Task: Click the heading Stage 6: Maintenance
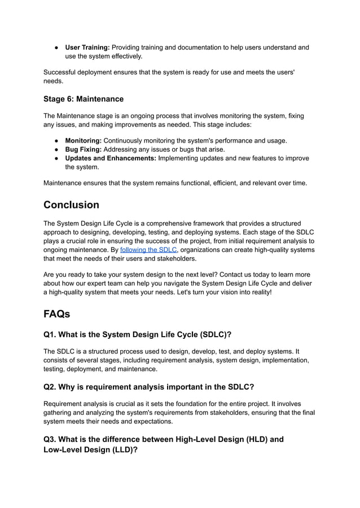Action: [x=84, y=99]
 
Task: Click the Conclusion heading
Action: [x=71, y=205]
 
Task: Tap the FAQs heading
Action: [x=57, y=313]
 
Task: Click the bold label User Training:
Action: [x=87, y=47]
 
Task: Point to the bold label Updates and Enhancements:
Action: [x=111, y=158]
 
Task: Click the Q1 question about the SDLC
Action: [x=138, y=334]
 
